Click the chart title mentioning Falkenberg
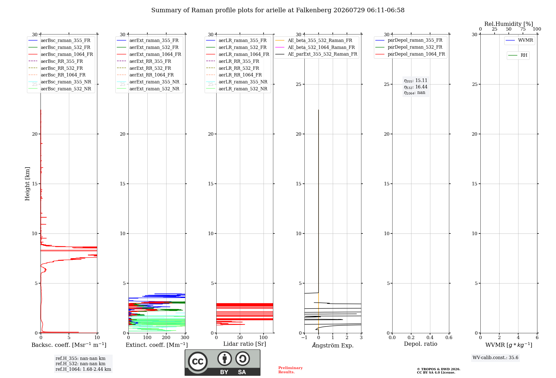coord(278,10)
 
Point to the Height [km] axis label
coord(27,184)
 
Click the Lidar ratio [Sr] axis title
coord(245,344)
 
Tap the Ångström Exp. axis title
coord(333,345)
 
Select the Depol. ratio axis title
coord(421,344)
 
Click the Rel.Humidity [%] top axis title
coord(509,24)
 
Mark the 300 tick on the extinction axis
coord(185,337)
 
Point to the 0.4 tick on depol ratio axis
coord(430,337)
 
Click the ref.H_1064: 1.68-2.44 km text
coord(83,369)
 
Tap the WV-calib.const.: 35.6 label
coord(495,358)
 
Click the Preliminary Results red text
coord(291,370)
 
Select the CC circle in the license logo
coord(198,362)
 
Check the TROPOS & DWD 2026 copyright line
coord(439,369)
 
